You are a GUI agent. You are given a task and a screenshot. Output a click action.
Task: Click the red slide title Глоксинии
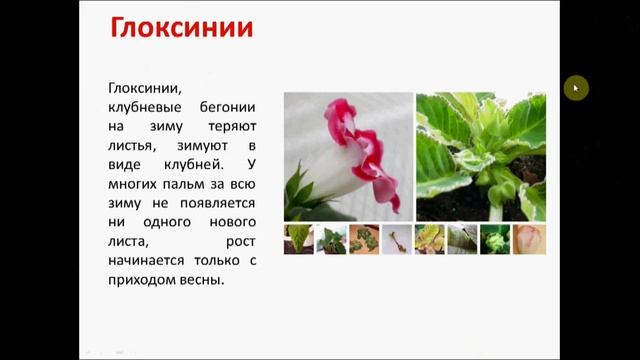click(181, 27)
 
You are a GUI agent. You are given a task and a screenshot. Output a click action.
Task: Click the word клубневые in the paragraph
click(147, 106)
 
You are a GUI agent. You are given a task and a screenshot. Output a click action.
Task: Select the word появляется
click(218, 202)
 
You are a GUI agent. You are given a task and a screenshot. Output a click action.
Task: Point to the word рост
click(241, 241)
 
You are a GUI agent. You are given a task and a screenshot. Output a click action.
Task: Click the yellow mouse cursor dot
click(575, 88)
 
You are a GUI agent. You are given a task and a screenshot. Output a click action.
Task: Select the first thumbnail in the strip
click(299, 239)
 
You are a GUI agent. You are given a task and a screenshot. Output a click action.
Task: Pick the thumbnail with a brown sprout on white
click(397, 239)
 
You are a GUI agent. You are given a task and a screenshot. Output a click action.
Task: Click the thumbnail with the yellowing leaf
click(430, 239)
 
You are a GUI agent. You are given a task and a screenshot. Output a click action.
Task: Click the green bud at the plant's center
click(488, 150)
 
